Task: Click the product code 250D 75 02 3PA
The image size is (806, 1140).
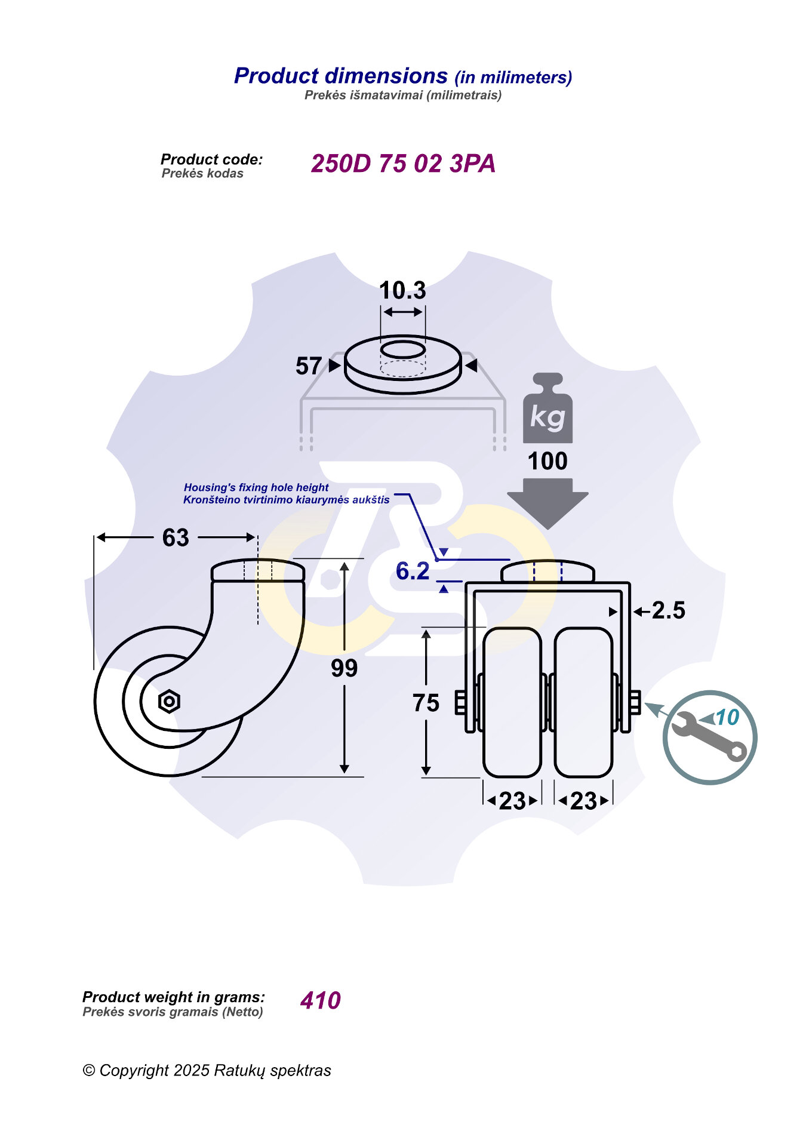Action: (403, 164)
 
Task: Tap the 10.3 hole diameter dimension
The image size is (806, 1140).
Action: (402, 291)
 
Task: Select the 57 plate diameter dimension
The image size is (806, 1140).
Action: (309, 366)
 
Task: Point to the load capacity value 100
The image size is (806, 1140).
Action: (547, 461)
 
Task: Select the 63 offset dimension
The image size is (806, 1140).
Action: (176, 538)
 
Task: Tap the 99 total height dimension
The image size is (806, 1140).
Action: (344, 668)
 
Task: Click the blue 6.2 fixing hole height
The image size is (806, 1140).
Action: (413, 571)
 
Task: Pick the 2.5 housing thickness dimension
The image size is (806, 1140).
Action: (668, 610)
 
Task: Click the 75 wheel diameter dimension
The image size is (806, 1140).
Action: (426, 703)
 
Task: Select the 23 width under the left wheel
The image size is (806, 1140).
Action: (512, 801)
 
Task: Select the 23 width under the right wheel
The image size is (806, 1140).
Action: (583, 801)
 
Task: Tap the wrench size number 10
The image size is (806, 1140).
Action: (727, 717)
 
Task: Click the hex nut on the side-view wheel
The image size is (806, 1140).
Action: (169, 701)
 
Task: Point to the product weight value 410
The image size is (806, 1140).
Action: (321, 1000)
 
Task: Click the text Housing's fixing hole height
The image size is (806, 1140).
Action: (256, 487)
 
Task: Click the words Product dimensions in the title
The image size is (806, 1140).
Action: (340, 76)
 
